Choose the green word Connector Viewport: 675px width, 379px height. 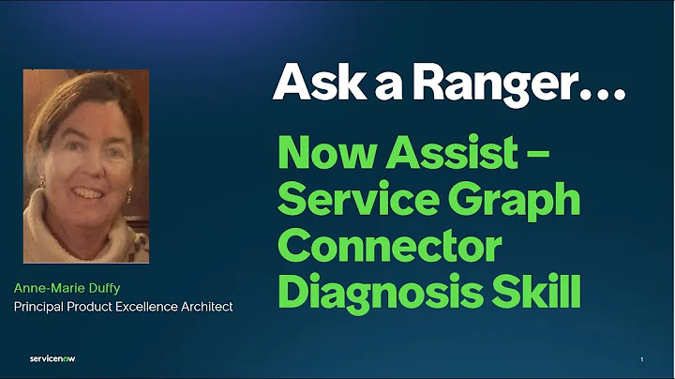[391, 247]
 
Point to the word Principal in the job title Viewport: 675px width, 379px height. [37, 306]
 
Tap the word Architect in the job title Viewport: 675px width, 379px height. [206, 306]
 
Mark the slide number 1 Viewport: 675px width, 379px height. [642, 359]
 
